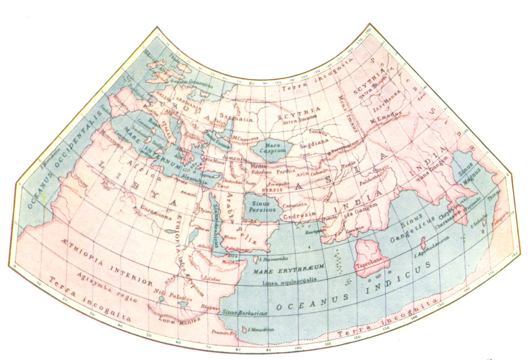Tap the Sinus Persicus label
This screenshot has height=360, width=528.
pyautogui.click(x=262, y=207)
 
